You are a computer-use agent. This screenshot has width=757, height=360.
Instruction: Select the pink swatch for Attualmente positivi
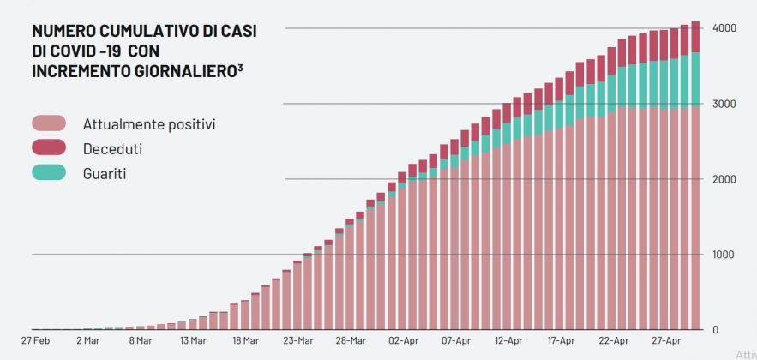pos(49,124)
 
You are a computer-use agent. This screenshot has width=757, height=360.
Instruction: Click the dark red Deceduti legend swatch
pos(49,149)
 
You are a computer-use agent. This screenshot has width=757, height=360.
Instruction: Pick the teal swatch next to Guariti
pos(49,173)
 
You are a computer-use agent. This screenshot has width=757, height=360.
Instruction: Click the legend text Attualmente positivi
pos(148,124)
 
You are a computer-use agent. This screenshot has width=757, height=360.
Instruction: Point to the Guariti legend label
pos(105,173)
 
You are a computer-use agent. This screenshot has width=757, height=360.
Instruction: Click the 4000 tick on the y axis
pos(725,28)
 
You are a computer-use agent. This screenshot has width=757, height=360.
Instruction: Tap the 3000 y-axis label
pos(725,104)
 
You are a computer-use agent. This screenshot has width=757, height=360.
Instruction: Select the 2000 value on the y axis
pos(725,179)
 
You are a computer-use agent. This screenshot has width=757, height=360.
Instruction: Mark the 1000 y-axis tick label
pos(725,255)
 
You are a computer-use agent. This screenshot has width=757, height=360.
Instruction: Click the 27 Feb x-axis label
pos(34,341)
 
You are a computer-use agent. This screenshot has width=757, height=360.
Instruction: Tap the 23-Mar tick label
pos(297,341)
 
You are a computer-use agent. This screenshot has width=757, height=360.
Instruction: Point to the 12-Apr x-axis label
pos(508,341)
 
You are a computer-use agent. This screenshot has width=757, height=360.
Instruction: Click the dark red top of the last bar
pos(695,37)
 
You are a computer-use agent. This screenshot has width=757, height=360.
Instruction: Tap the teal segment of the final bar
pos(695,80)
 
